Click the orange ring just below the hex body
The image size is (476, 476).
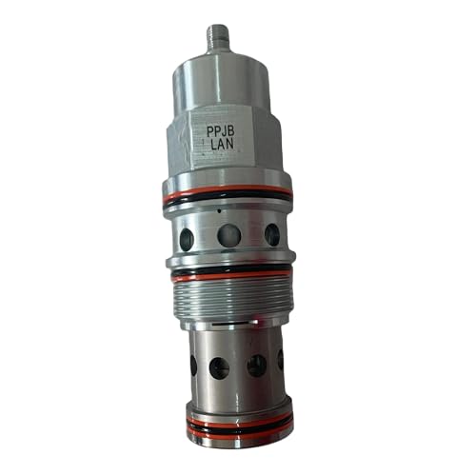click(228, 197)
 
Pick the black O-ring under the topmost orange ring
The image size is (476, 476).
click(228, 205)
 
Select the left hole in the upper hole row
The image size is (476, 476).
click(186, 232)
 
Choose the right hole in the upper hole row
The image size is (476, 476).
click(271, 233)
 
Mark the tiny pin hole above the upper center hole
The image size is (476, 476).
click(219, 211)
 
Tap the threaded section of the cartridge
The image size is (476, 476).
click(230, 299)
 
